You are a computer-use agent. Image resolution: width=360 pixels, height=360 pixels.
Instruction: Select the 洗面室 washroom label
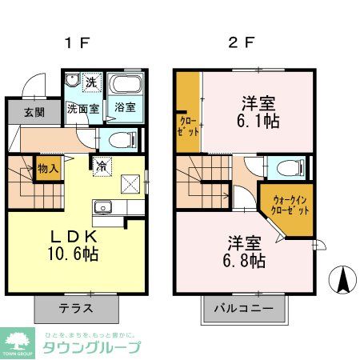tap(82, 109)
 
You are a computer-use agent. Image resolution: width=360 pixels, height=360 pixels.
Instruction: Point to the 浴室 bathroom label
tap(125, 107)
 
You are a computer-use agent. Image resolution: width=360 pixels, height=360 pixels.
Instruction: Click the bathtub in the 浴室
tap(125, 86)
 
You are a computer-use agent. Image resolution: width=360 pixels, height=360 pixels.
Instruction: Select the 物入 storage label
tap(47, 169)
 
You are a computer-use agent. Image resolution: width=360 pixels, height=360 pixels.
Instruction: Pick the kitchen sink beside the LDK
tap(102, 210)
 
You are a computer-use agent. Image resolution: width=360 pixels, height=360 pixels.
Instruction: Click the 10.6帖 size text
tap(75, 255)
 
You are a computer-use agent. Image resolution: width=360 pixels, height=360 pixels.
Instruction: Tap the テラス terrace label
tap(75, 307)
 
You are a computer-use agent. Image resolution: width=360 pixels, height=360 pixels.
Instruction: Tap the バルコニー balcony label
tap(244, 308)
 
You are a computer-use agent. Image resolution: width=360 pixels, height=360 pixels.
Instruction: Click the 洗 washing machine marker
tap(91, 82)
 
